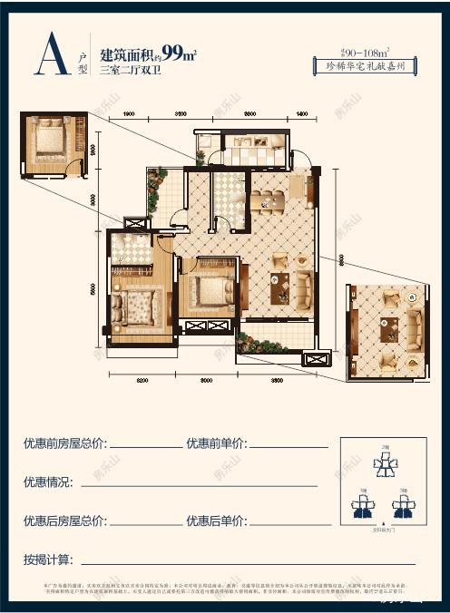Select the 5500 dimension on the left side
coord(95,290)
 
